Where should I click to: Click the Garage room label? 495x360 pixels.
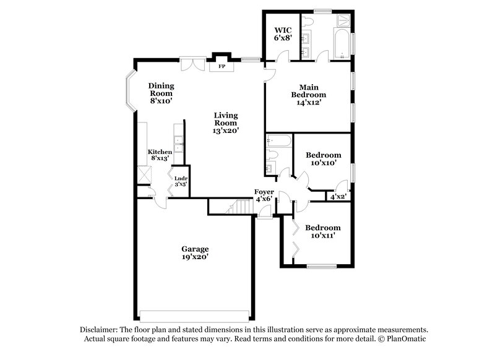pyautogui.click(x=194, y=253)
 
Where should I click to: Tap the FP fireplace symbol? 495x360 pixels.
pyautogui.click(x=222, y=65)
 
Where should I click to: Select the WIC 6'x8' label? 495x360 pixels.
pyautogui.click(x=282, y=33)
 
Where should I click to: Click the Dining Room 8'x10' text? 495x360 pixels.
pyautogui.click(x=160, y=93)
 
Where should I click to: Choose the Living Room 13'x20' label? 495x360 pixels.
pyautogui.click(x=226, y=122)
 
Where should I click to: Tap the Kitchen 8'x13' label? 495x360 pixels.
pyautogui.click(x=159, y=155)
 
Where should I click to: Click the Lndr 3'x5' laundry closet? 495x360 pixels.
pyautogui.click(x=180, y=181)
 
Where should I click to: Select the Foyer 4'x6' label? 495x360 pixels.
pyautogui.click(x=264, y=195)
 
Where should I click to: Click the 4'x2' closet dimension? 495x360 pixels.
pyautogui.click(x=337, y=197)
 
